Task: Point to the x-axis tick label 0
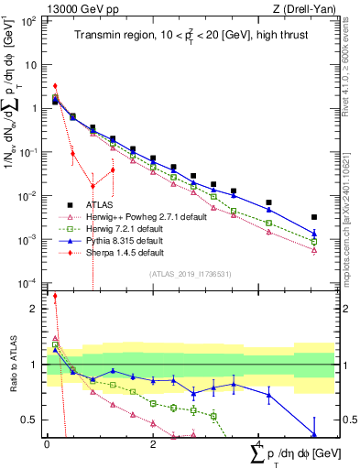pyautogui.click(x=47, y=443)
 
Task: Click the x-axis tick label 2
pyautogui.click(x=154, y=443)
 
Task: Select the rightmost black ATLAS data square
pyautogui.click(x=314, y=217)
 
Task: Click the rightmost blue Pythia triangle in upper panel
pyautogui.click(x=314, y=234)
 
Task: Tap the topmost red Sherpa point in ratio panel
pyautogui.click(x=55, y=296)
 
